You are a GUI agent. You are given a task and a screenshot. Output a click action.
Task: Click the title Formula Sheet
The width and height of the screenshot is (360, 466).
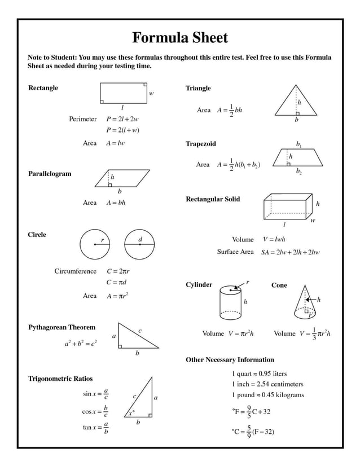(180, 38)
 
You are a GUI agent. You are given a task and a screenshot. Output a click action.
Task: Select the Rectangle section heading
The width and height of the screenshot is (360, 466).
(43, 88)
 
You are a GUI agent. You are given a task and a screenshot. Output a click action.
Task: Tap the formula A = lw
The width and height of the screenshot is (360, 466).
(115, 143)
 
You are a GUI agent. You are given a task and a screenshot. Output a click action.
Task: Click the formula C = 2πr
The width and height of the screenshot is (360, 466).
(118, 271)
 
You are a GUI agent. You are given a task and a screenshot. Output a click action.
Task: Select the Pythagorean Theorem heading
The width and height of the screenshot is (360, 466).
(62, 327)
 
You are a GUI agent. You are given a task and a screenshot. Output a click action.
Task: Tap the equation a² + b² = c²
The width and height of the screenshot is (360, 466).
(80, 342)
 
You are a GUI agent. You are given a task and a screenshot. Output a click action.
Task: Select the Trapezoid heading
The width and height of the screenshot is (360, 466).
(201, 144)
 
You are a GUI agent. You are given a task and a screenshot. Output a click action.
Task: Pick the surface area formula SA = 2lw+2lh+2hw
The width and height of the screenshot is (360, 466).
(291, 252)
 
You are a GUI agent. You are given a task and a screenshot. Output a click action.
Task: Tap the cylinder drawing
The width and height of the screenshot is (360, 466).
(230, 302)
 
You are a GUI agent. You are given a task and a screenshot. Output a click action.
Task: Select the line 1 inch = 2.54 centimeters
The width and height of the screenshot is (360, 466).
(267, 384)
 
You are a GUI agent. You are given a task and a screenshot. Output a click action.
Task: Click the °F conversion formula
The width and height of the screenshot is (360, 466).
(251, 411)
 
